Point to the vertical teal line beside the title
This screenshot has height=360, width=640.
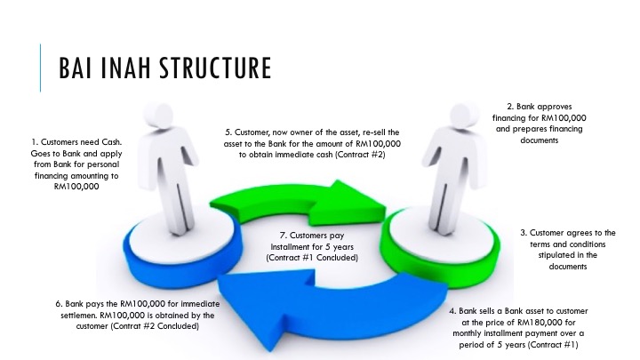tap(40, 68)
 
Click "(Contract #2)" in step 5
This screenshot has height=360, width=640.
tap(365, 154)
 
